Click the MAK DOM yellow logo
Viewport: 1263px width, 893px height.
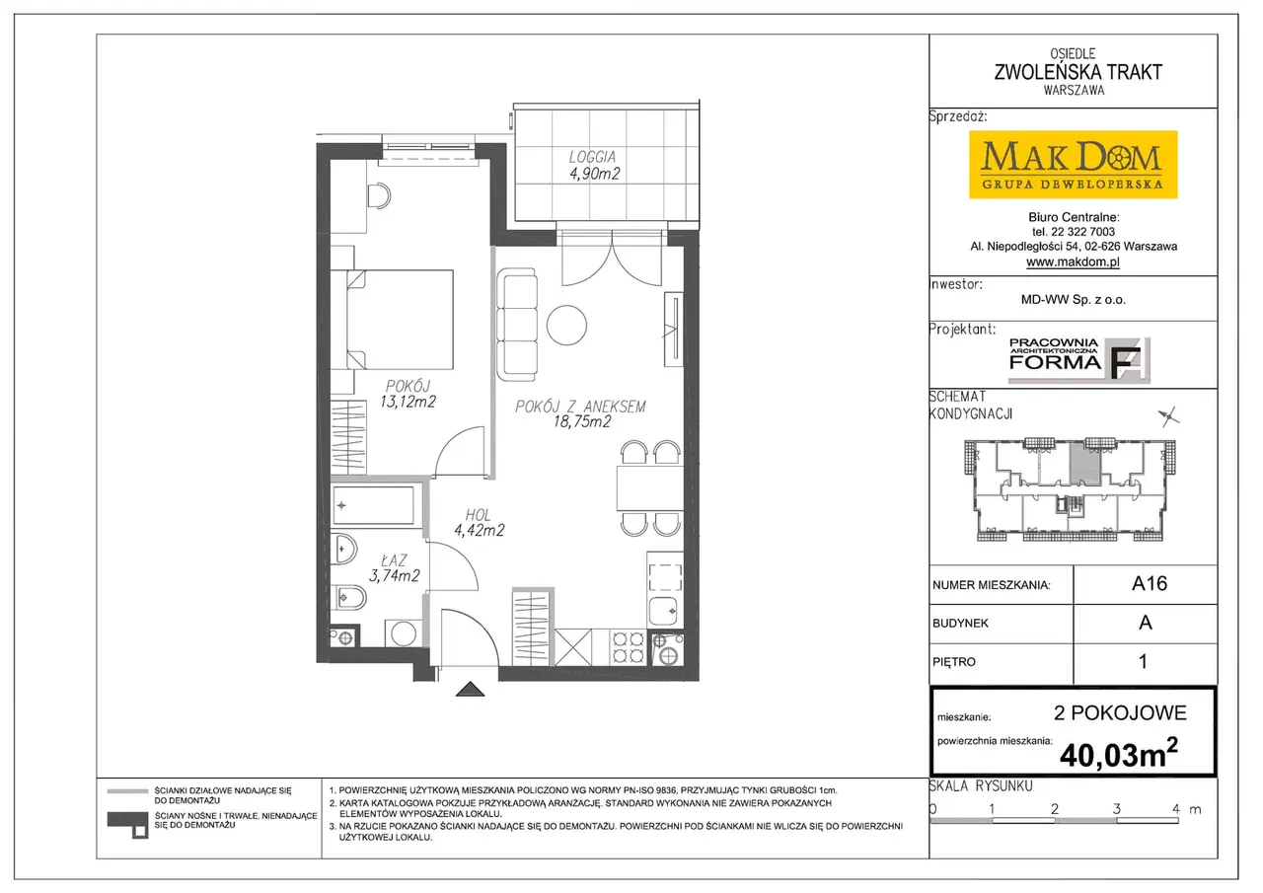(x=1073, y=165)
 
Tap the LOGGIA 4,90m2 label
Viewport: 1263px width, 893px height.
(x=594, y=165)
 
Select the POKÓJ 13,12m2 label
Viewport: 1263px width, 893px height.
(x=409, y=394)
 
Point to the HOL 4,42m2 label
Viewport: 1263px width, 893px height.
(x=479, y=523)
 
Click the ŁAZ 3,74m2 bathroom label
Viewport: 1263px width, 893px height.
(x=394, y=568)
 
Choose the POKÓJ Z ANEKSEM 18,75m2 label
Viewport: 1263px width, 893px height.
(x=581, y=413)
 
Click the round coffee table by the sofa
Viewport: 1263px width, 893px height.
(x=566, y=326)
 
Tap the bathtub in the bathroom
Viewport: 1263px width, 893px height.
(x=373, y=505)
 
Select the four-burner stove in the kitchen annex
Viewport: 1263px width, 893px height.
(x=629, y=647)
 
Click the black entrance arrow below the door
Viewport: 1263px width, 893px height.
(x=470, y=690)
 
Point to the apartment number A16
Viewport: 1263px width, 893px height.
(x=1150, y=583)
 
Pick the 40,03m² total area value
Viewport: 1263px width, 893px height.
(x=1119, y=754)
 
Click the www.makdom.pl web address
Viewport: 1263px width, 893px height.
(x=1073, y=261)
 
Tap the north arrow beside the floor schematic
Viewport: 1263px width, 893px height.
(x=1169, y=417)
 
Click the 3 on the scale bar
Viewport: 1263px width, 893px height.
(x=1116, y=808)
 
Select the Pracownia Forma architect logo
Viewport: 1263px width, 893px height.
(x=1079, y=360)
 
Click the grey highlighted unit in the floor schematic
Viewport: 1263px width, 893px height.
(x=1085, y=464)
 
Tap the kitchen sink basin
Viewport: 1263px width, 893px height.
(x=664, y=611)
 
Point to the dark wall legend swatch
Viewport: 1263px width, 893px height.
(x=128, y=824)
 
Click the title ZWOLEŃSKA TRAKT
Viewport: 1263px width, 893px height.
(x=1077, y=72)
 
